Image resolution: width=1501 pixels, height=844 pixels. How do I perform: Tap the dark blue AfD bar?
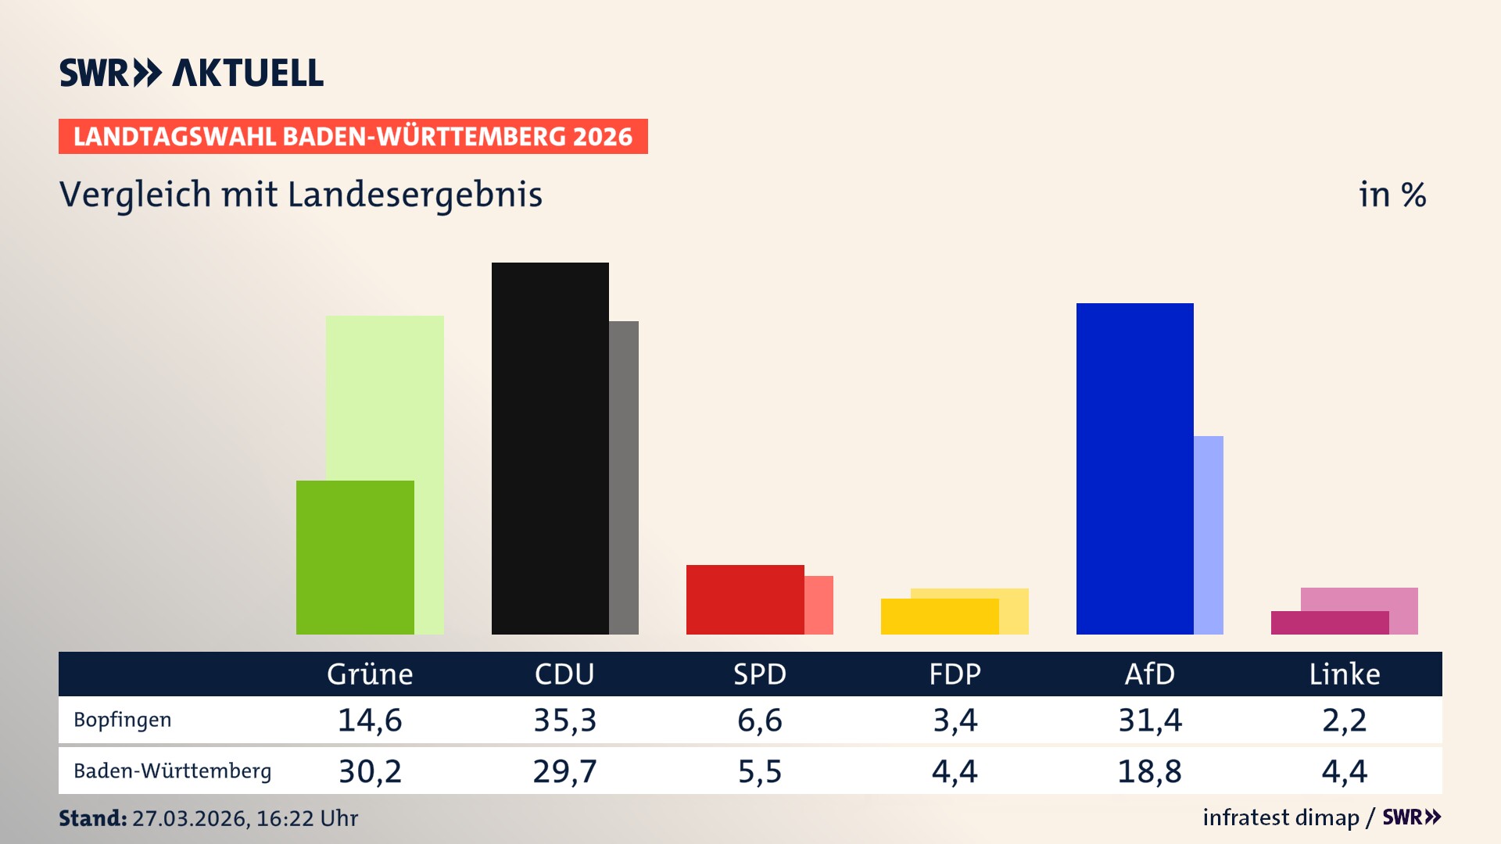pos(1134,468)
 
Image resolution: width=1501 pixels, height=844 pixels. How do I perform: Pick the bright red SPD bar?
pos(744,599)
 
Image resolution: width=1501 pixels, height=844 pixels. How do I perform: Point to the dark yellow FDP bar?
pos(939,616)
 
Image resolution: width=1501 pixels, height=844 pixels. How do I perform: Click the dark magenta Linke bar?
pos(1329,622)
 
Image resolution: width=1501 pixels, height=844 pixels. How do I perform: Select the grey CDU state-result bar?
pos(624,477)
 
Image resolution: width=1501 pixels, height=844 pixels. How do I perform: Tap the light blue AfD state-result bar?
pos(1209,535)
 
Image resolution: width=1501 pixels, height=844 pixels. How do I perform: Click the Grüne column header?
pos(370,674)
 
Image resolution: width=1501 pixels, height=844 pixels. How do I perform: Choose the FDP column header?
pos(955,674)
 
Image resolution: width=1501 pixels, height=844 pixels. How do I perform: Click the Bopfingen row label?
pos(122,720)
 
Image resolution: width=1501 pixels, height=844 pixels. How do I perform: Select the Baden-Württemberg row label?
pos(172,771)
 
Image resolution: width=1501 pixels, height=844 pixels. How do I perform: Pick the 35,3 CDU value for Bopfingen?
pos(564,720)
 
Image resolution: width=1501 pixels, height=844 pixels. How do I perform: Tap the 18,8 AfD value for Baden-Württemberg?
pos(1149,771)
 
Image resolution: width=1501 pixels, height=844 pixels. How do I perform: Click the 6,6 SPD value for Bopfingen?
pos(759,720)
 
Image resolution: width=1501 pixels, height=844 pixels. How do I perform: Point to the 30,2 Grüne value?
pos(370,771)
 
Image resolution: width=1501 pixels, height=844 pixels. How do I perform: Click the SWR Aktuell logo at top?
pos(192,73)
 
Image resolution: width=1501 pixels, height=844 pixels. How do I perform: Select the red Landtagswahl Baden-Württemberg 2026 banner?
pos(353,136)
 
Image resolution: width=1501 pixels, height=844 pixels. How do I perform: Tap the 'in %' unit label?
pos(1392,195)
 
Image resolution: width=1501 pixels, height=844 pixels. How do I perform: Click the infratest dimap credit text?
pos(1281,817)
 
